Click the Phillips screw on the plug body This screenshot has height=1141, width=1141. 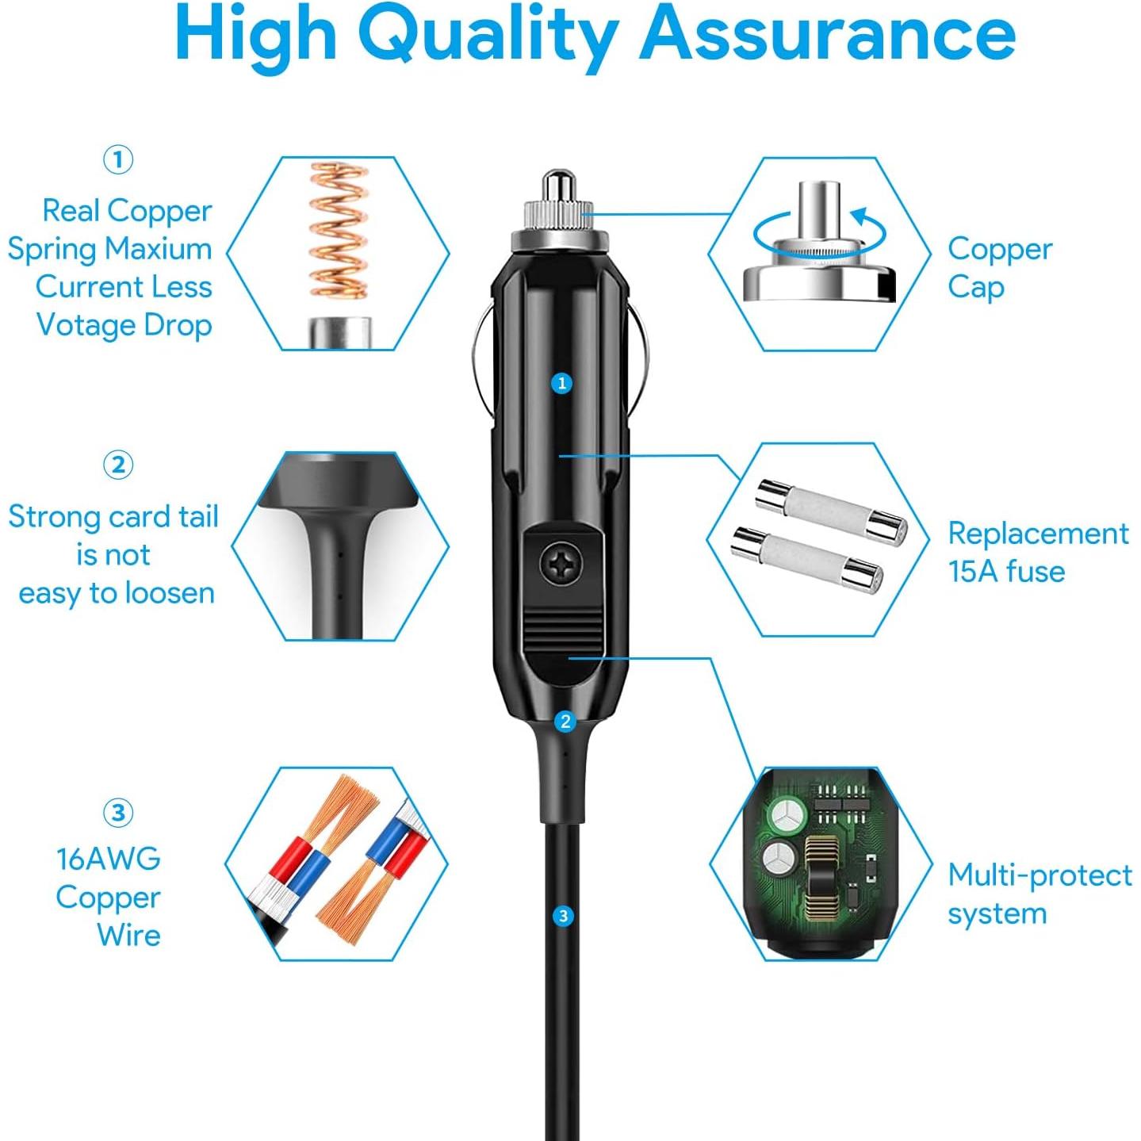pos(563,565)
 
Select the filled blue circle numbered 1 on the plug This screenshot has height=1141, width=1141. pos(562,384)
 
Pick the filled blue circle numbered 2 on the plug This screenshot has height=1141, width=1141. pos(565,722)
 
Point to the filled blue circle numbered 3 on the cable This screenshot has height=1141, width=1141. pos(563,917)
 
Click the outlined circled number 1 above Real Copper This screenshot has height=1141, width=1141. pos(118,159)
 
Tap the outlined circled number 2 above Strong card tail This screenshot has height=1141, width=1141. pos(118,465)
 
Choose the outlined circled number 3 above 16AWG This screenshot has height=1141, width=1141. pos(118,813)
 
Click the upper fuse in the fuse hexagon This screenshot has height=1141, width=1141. pos(831,512)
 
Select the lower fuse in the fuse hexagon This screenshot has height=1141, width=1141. pos(806,559)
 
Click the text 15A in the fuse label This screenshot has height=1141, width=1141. pos(974,572)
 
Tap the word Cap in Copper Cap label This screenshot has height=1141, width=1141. pos(976,288)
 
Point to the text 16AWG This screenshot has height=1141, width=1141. pos(109,859)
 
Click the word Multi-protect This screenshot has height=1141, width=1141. pos(1040,875)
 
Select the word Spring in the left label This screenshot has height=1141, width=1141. pos(52,250)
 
